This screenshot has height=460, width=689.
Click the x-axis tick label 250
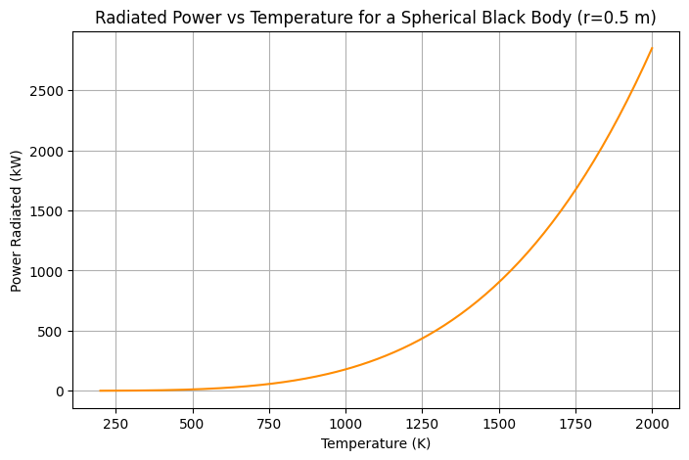115,424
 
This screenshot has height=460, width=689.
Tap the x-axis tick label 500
193,424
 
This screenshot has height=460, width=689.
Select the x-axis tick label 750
269,424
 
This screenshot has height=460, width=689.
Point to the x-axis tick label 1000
345,424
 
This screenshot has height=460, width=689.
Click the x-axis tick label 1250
422,424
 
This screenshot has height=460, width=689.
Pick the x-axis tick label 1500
499,424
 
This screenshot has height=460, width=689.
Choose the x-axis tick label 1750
575,424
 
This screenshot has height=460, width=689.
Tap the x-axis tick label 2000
652,424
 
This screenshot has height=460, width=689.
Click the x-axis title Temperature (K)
376,443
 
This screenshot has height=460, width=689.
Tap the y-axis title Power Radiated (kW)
17,212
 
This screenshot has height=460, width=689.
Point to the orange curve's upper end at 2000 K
652,48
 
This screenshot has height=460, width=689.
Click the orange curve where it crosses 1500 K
499,282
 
